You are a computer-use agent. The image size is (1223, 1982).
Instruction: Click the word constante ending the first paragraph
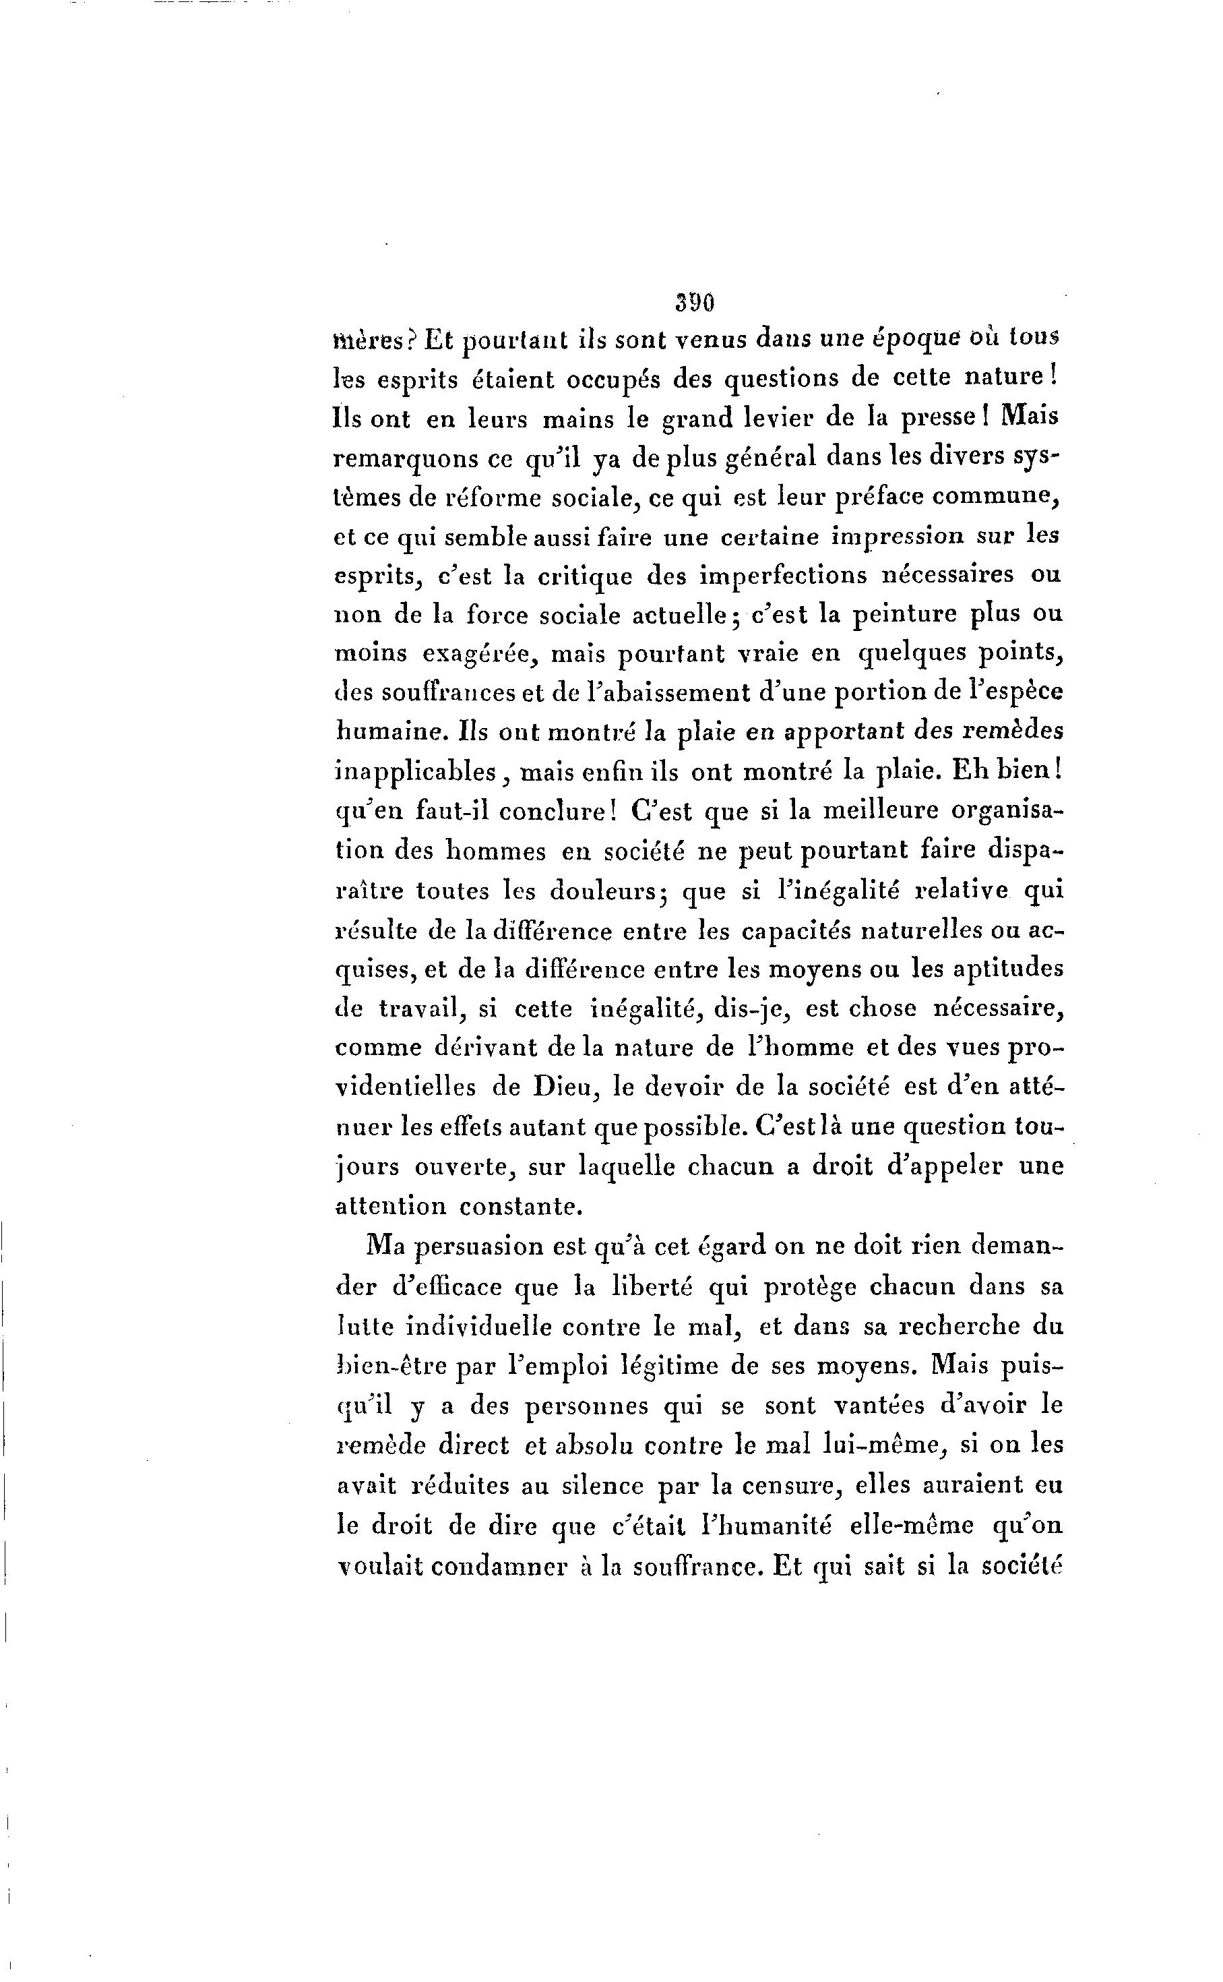click(x=521, y=1207)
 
